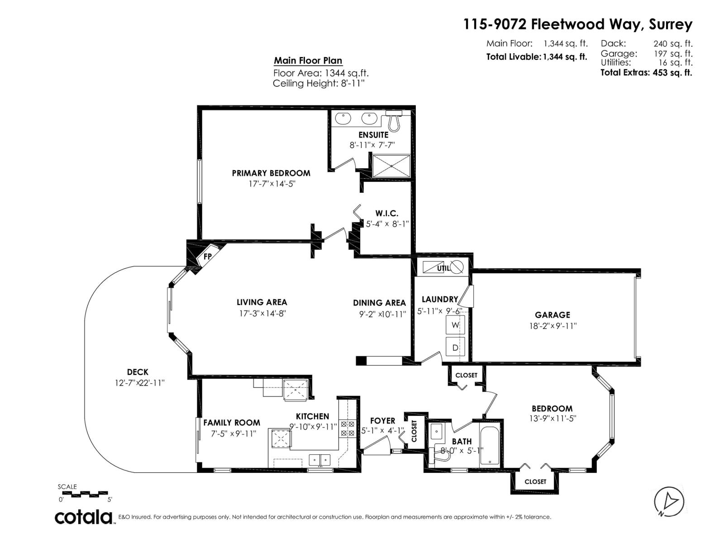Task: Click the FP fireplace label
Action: coord(208,257)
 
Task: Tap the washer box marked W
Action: coord(455,325)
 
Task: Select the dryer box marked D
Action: coord(455,348)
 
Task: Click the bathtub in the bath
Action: coord(489,446)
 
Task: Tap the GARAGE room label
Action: coord(552,315)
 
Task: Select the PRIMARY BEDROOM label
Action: coord(271,173)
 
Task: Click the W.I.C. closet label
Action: coord(386,214)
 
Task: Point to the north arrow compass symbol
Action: coord(669,501)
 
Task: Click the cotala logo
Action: coord(84,517)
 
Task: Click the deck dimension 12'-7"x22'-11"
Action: coord(139,383)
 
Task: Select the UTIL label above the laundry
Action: coord(443,268)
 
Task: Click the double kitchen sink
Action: coord(319,460)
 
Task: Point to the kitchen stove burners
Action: coord(348,429)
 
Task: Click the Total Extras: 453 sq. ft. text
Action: coord(646,72)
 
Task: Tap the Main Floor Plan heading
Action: coord(308,61)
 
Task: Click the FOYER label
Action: coord(382,421)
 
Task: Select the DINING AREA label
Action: coord(379,303)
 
